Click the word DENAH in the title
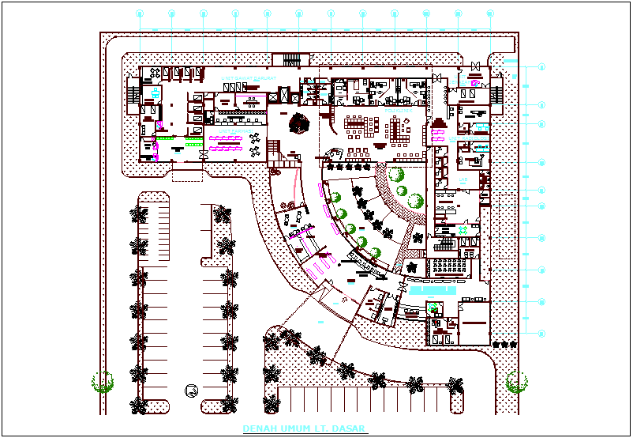pos(255,429)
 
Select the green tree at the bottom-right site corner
pos(517,382)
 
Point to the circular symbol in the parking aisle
pos(190,389)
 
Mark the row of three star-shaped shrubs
pos(504,345)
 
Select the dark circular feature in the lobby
pos(300,123)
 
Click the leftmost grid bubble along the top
pos(140,13)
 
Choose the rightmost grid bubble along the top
pos(490,13)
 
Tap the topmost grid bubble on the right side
pos(541,67)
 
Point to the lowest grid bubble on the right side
pos(541,333)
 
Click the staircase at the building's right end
pos(496,93)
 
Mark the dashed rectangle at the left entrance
pos(187,173)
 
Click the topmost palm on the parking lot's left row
pos(140,213)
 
